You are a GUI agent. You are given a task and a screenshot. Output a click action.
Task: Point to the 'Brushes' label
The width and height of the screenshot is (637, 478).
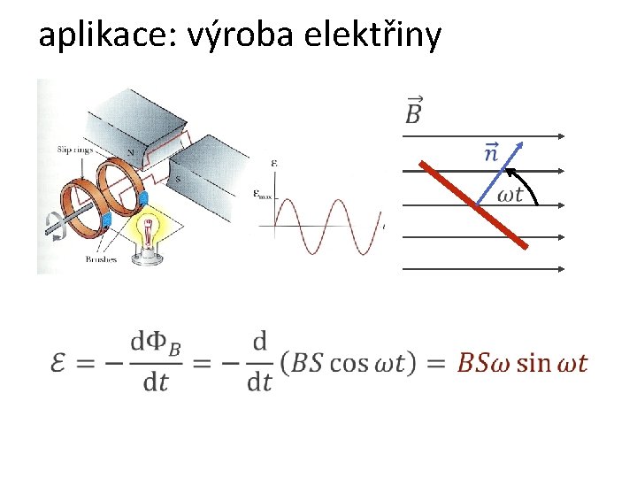click(101, 259)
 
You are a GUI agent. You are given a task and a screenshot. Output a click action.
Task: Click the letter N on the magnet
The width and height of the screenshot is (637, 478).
click(131, 152)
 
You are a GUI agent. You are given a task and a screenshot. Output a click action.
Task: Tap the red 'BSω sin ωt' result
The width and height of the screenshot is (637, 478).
click(522, 363)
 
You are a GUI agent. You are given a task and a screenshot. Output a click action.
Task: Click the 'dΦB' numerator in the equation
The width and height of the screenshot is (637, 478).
click(156, 343)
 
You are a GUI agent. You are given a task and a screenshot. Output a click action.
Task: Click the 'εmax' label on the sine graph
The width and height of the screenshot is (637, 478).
click(263, 194)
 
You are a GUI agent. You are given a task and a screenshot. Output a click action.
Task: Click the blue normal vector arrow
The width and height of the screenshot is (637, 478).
click(500, 173)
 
